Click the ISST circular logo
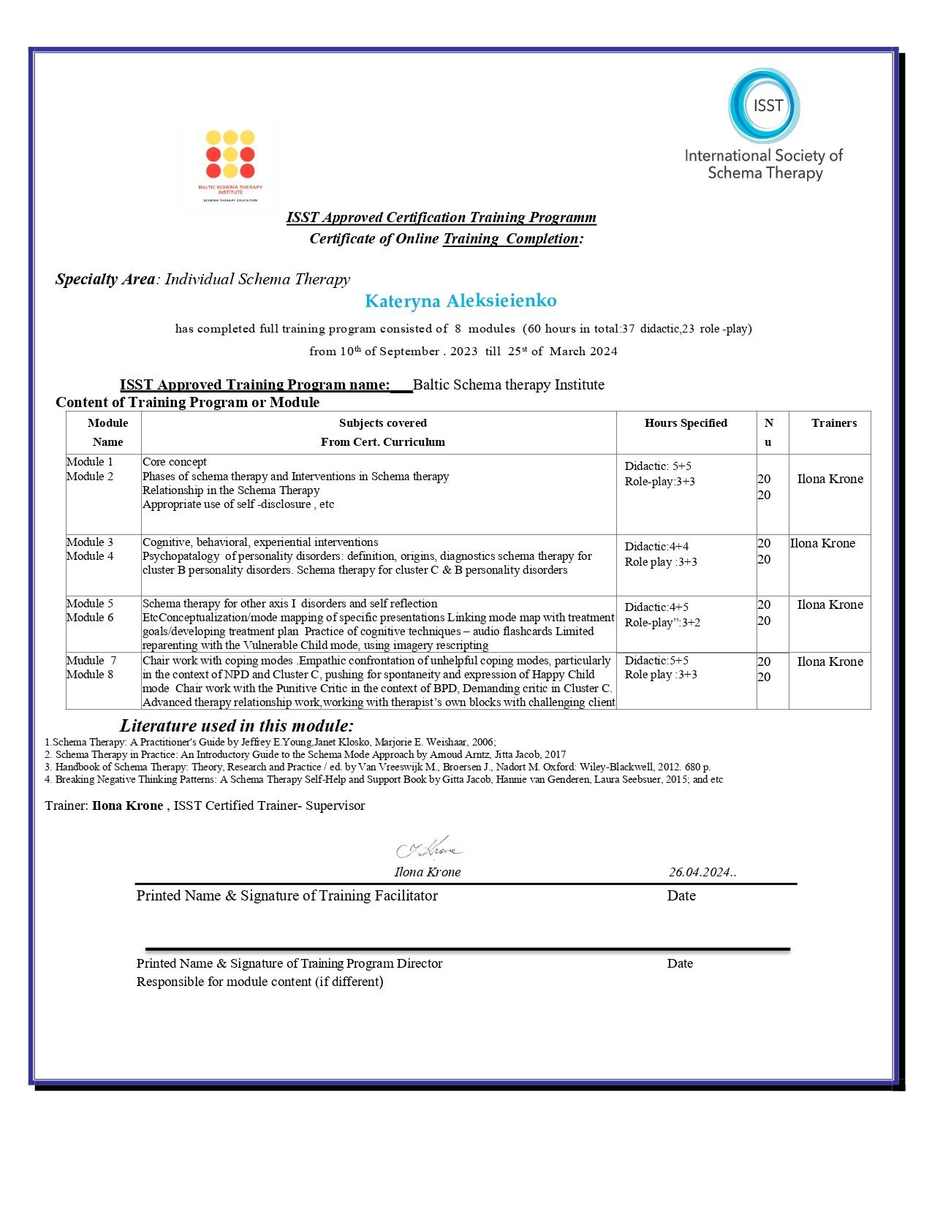(764, 106)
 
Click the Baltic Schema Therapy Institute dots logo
(230, 154)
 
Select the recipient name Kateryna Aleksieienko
(461, 301)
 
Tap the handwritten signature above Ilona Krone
(429, 849)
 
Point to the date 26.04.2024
(700, 872)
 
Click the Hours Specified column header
(686, 423)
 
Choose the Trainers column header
(833, 423)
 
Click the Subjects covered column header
(382, 423)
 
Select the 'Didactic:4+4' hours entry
(656, 547)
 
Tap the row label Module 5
(90, 604)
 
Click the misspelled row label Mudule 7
(91, 661)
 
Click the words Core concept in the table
(175, 462)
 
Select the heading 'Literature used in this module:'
(236, 726)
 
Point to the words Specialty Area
(105, 279)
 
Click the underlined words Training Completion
(511, 239)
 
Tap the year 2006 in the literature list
(482, 742)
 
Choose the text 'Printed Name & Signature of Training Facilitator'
(287, 896)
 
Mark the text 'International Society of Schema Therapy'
(764, 164)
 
